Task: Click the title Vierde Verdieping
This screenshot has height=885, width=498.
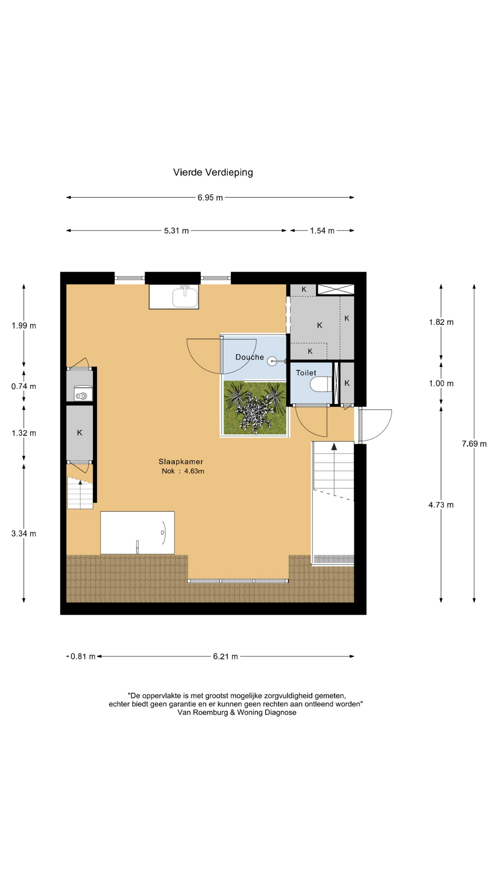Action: (x=213, y=172)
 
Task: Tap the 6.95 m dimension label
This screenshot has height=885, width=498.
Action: (x=210, y=198)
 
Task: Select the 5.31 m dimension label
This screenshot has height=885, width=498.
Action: (x=177, y=230)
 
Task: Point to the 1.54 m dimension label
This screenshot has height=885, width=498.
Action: (x=322, y=230)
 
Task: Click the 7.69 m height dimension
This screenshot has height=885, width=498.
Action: (x=474, y=444)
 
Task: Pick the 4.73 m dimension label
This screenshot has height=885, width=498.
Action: (x=441, y=505)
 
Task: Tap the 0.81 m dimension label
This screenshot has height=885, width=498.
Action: (x=83, y=656)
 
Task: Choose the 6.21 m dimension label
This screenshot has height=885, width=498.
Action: (x=225, y=656)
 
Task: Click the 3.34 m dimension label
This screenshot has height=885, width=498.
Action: (x=24, y=534)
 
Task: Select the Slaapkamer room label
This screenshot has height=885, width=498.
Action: (x=181, y=461)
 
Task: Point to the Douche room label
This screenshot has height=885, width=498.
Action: (x=249, y=357)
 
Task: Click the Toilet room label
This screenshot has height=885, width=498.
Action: (x=306, y=373)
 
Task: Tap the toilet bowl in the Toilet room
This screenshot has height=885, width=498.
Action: (x=320, y=384)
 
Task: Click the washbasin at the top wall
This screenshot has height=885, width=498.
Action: (x=185, y=297)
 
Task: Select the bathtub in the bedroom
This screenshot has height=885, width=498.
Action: (x=137, y=532)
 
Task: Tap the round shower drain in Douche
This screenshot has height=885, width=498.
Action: (x=273, y=361)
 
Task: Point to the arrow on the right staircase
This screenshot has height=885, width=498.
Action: (x=334, y=446)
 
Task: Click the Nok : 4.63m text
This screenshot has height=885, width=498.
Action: (x=183, y=471)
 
